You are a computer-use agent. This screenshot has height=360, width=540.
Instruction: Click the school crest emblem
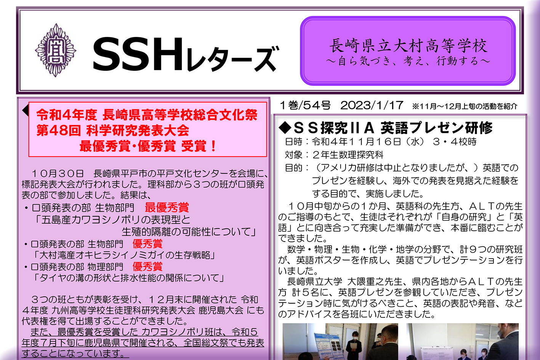pyautogui.click(x=56, y=50)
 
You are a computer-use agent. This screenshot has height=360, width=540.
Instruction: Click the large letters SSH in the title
pyautogui.click(x=138, y=54)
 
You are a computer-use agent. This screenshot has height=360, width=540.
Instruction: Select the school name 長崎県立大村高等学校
pyautogui.click(x=408, y=46)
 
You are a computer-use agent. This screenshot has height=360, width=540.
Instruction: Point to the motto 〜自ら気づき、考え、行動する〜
pyautogui.click(x=408, y=61)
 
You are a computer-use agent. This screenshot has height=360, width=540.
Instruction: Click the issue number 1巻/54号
pyautogui.click(x=305, y=105)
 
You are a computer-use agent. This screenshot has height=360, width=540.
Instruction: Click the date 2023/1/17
pyautogui.click(x=372, y=105)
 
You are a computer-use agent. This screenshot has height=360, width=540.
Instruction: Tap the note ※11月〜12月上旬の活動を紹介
pyautogui.click(x=465, y=106)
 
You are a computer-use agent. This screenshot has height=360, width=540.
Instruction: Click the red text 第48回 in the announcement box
pyautogui.click(x=59, y=130)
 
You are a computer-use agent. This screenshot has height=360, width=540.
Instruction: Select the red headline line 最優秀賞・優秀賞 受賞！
pyautogui.click(x=148, y=146)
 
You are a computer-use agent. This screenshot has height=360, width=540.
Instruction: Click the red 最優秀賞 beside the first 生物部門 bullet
pyautogui.click(x=167, y=208)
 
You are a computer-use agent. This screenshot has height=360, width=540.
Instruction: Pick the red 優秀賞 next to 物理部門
pyautogui.click(x=147, y=267)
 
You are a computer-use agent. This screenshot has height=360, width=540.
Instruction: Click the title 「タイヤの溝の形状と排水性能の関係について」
pyautogui.click(x=128, y=278)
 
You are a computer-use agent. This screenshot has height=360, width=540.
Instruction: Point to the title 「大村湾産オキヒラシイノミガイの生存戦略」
pyautogui.click(x=123, y=255)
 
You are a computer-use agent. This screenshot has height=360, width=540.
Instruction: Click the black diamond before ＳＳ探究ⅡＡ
pyautogui.click(x=285, y=128)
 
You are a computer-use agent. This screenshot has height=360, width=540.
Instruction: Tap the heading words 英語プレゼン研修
pyautogui.click(x=437, y=128)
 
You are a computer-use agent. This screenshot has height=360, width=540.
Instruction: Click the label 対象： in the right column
pyautogui.click(x=297, y=155)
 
